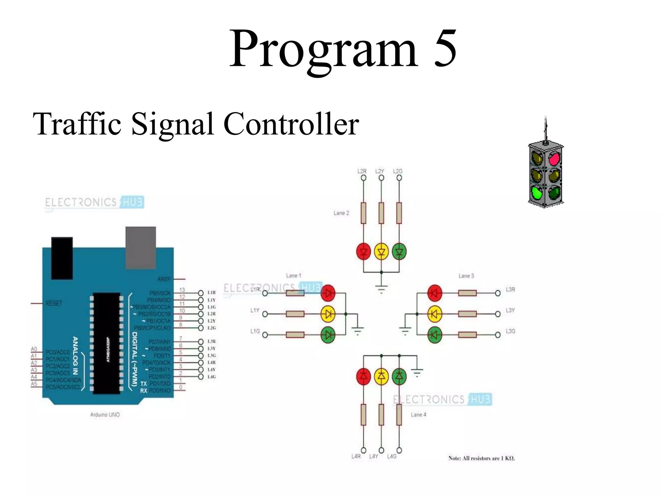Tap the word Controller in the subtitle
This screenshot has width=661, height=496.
tap(291, 124)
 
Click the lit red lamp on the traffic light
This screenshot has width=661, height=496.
tap(554, 159)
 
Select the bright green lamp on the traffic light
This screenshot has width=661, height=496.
tap(537, 193)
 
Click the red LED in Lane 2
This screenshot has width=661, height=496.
tap(363, 252)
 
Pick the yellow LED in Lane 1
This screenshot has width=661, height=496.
tap(328, 314)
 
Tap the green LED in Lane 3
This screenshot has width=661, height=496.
tap(434, 335)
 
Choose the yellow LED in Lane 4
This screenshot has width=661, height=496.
tap(381, 376)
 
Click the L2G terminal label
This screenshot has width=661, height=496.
tap(398, 171)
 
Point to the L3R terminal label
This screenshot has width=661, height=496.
tap(510, 289)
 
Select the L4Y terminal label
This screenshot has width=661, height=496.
tap(373, 456)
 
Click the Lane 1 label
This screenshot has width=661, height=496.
tap(293, 275)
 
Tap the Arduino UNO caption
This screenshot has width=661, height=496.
tap(105, 415)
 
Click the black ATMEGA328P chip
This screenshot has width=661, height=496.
tap(107, 343)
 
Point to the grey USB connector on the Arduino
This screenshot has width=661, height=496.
tap(141, 247)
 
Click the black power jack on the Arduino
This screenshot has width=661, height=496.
tap(62, 258)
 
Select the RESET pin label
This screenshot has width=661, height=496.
tap(54, 304)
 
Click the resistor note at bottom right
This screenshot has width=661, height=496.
tap(482, 458)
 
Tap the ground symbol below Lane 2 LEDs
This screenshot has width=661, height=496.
tap(381, 288)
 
